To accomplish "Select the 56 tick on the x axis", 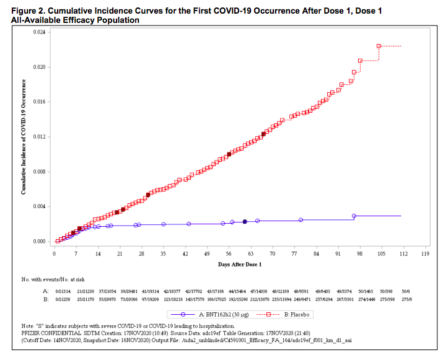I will (229, 254).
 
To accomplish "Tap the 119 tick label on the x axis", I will (425, 254).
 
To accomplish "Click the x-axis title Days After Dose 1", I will (240, 265).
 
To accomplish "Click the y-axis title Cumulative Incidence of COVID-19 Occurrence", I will (23, 137).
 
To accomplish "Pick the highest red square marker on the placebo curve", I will (379, 46).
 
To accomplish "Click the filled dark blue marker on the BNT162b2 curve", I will (245, 221).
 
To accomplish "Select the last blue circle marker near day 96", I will (354, 216).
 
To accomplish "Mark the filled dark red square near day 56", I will (229, 154).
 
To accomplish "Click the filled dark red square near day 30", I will (148, 195).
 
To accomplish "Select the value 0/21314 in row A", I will (63, 291).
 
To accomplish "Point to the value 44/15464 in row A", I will (237, 291).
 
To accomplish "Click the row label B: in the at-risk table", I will (45, 299).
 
